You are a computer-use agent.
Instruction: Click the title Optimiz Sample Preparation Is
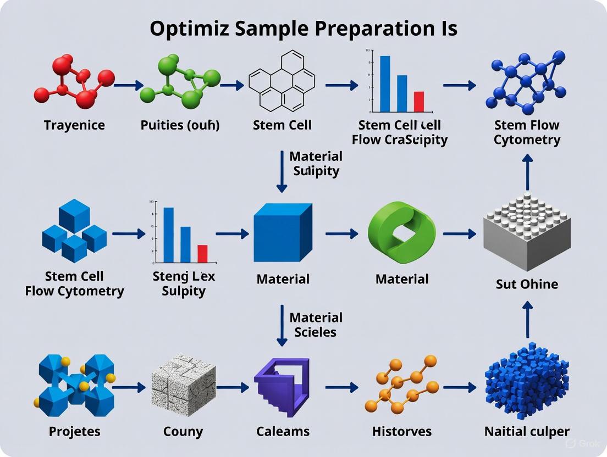click(303, 28)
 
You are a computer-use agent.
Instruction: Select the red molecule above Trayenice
click(74, 81)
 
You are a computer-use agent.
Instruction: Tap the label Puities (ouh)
click(180, 125)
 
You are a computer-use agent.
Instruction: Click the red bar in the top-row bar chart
click(418, 101)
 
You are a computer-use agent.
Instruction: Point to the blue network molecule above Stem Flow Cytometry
click(526, 81)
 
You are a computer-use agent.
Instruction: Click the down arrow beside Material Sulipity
click(282, 171)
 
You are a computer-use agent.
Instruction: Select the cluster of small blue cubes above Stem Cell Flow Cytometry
click(74, 231)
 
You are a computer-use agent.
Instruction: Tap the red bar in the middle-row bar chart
click(202, 253)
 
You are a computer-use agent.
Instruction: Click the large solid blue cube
click(282, 232)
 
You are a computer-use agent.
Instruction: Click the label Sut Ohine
click(526, 284)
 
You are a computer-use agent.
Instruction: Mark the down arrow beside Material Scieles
click(282, 325)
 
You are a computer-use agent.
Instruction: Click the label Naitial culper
click(527, 431)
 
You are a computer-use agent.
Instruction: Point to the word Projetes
click(74, 431)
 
